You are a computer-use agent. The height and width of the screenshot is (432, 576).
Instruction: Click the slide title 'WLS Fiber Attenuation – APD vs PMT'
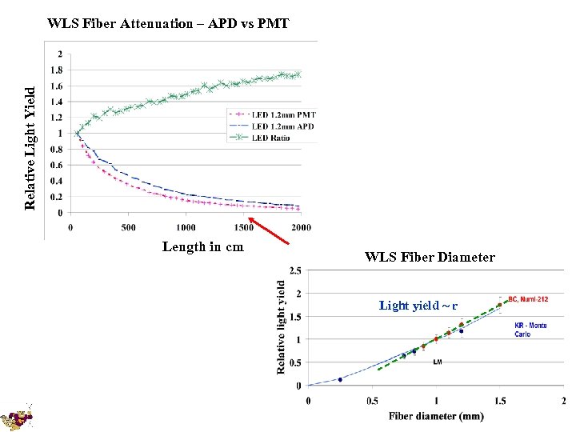tap(168, 23)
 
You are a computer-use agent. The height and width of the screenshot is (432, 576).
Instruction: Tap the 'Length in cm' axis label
tap(203, 246)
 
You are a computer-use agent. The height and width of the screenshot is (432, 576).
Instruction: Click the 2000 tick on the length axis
tap(300, 227)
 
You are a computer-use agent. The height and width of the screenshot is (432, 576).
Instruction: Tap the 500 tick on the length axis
tap(128, 227)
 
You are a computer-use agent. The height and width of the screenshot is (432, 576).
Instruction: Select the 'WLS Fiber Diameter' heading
tap(430, 258)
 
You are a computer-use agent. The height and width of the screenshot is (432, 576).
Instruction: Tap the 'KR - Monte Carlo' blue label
tap(531, 330)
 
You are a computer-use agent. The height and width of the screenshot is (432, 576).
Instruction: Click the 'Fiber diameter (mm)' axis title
tap(436, 415)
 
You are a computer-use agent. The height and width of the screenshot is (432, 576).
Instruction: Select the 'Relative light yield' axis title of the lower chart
tap(282, 326)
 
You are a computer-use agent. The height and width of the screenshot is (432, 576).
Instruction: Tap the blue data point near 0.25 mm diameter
tap(340, 379)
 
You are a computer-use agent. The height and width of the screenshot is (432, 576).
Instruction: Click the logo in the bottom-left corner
tap(18, 416)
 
